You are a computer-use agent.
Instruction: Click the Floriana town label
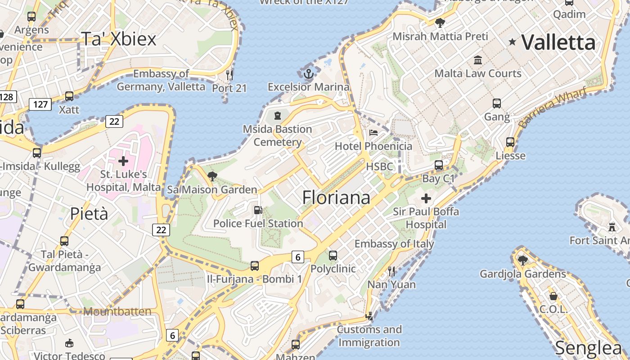[336, 198]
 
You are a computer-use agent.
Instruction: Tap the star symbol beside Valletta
[512, 42]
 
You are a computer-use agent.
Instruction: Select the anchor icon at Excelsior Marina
[308, 74]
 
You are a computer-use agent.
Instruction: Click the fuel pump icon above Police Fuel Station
[258, 210]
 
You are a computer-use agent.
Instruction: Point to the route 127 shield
[40, 104]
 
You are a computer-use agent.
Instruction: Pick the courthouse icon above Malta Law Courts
[477, 60]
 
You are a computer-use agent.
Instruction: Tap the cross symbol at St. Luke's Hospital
[123, 161]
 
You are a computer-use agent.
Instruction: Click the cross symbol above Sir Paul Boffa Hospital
[426, 198]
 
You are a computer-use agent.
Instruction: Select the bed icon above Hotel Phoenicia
[373, 133]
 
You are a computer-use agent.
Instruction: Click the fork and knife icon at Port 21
[229, 75]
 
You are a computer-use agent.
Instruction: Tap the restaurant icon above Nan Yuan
[391, 271]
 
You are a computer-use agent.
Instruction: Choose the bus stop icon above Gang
[497, 103]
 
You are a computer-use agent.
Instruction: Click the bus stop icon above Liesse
[510, 142]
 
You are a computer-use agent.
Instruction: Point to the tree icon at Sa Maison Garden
[212, 176]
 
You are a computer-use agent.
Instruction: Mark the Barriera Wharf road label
[552, 107]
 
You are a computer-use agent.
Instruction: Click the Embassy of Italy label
[394, 244]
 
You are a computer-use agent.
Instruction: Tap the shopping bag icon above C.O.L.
[553, 296]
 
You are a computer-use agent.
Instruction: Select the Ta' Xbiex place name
[119, 39]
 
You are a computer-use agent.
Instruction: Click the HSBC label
[379, 166]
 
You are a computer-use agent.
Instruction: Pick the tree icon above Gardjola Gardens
[522, 260]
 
